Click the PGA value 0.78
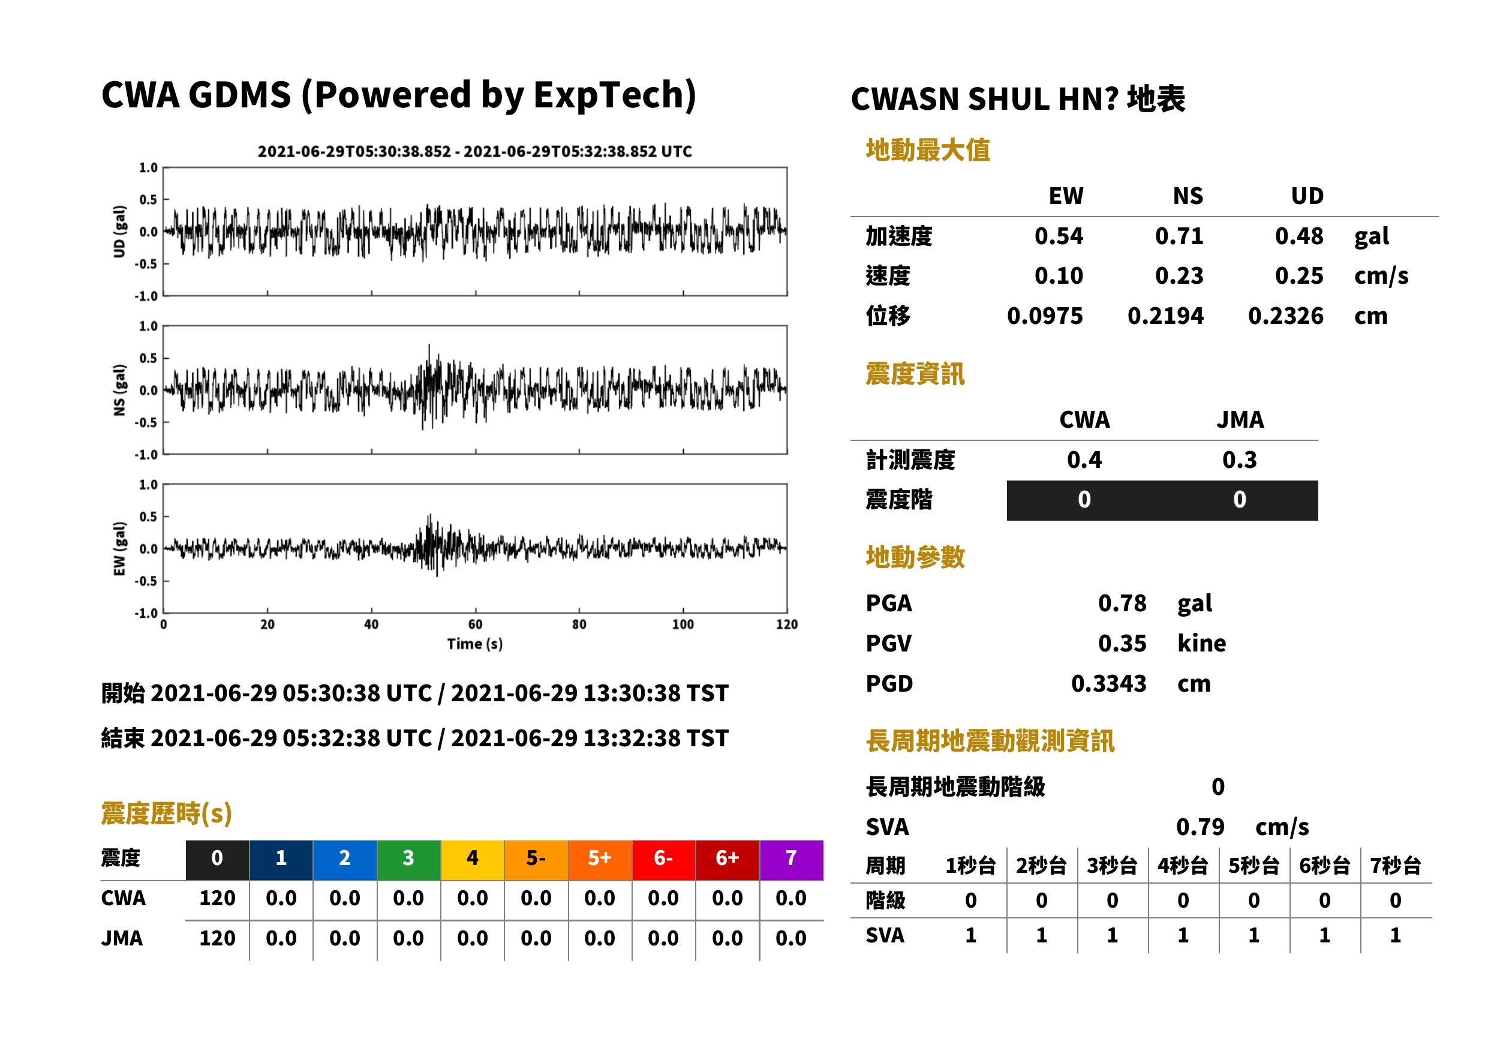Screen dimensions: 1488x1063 1122,603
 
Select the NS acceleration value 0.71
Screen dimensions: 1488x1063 1179,236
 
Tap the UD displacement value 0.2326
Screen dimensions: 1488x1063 1286,316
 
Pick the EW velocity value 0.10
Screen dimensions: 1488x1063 1059,275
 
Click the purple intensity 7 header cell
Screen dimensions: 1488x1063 791,860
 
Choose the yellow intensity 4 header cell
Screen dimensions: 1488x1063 473,860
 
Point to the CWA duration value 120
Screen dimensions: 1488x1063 217,898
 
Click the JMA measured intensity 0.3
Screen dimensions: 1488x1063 1239,460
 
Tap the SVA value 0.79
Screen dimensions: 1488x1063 1200,827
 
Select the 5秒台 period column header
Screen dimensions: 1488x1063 1253,866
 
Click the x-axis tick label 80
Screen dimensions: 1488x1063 579,624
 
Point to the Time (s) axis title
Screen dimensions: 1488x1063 475,644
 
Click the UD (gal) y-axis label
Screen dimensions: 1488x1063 119,231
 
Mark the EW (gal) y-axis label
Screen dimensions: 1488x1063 119,548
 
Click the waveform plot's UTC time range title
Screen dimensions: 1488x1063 475,151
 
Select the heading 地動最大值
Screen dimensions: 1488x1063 928,150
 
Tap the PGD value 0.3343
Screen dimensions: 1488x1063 1109,683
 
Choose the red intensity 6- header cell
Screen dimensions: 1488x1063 663,860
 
